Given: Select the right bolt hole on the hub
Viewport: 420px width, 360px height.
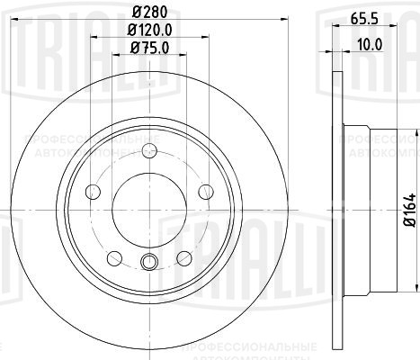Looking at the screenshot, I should tap(205, 190).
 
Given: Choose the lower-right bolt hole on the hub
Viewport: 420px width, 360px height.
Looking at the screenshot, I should tap(184, 257).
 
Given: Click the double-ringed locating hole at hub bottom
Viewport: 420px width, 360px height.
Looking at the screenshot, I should tap(150, 262).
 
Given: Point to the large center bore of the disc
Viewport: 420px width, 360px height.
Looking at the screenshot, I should tap(150, 207).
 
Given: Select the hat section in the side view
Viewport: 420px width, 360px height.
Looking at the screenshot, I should tap(369, 207).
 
